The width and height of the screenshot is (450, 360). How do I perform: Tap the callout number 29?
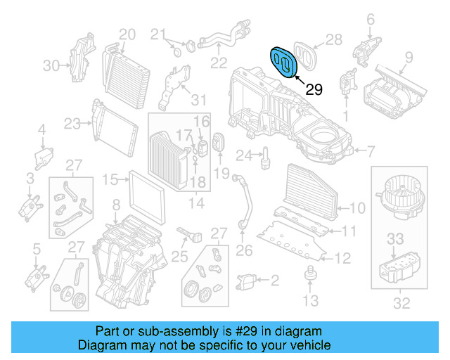[x=314, y=90]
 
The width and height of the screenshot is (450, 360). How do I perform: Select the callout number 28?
[x=334, y=39]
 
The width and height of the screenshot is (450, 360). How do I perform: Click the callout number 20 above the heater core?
[x=127, y=34]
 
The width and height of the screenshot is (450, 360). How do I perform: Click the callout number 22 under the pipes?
[x=219, y=64]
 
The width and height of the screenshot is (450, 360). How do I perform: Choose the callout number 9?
[x=404, y=69]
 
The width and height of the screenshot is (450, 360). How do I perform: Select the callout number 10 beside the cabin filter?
[x=357, y=207]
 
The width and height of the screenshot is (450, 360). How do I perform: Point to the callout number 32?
[x=401, y=304]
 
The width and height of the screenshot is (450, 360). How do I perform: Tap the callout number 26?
[x=244, y=250]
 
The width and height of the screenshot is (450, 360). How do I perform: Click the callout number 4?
[x=41, y=129]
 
